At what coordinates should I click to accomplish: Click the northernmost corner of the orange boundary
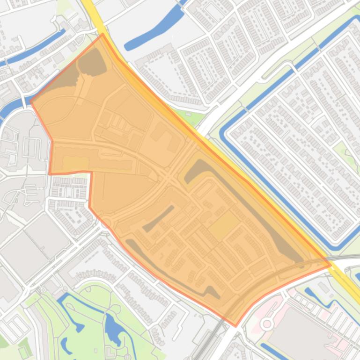coord(103,34)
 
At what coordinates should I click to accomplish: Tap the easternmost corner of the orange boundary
coord(331,265)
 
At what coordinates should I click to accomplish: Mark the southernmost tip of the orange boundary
coord(235,326)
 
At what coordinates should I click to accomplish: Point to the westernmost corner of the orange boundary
coord(31,101)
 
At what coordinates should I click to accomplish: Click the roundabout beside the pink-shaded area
coord(267,324)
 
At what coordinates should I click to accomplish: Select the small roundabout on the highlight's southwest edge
coord(104,223)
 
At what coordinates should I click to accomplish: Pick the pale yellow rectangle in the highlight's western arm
coord(75,163)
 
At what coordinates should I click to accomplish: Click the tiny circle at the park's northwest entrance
coord(44,290)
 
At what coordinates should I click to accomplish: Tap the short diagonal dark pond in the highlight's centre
coord(159,218)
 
